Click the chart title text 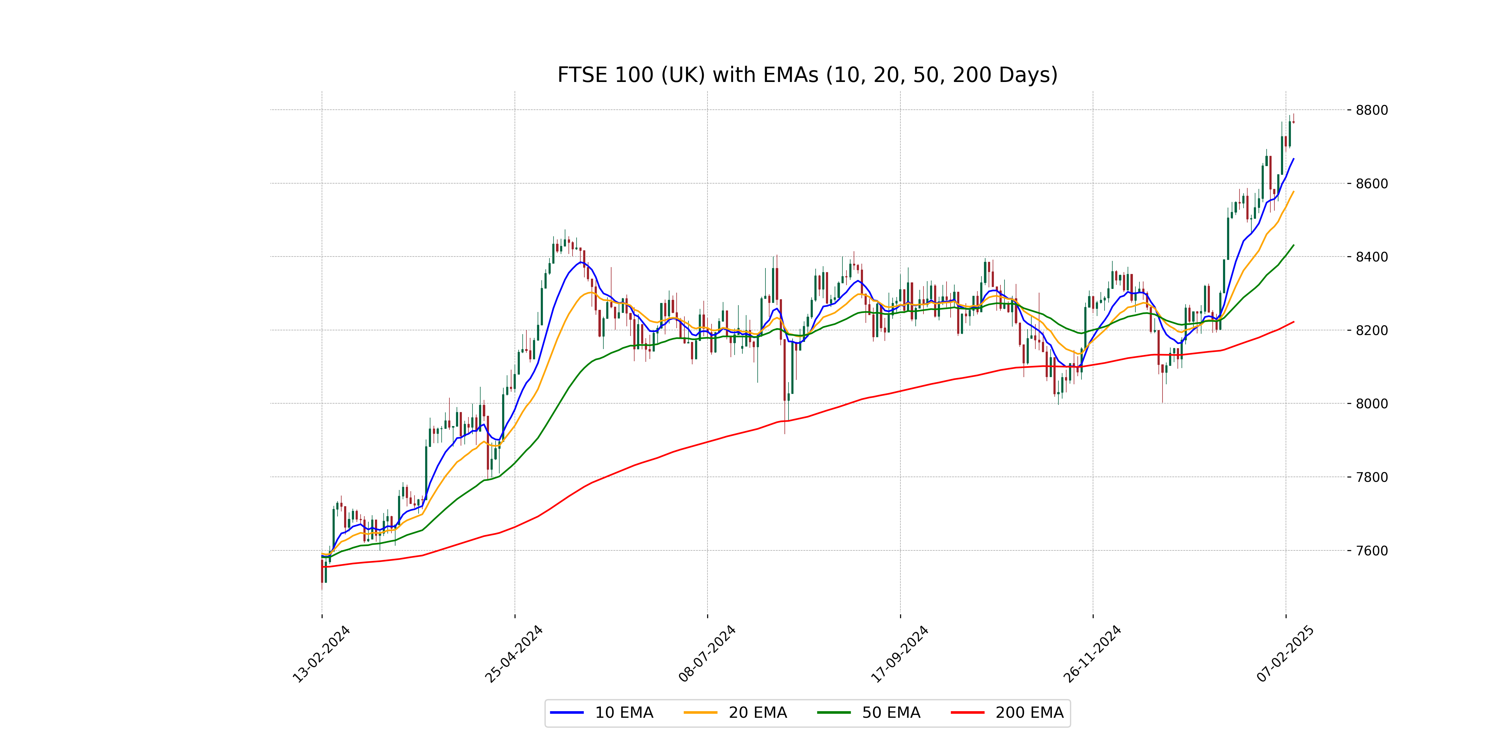tap(807, 75)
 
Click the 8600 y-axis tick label tap(1372, 184)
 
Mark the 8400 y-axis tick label tap(1372, 257)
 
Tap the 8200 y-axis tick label tap(1372, 330)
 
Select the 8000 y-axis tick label tap(1372, 404)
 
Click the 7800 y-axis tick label tap(1372, 477)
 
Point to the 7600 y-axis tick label tap(1372, 550)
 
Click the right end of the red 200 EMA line tap(1293, 322)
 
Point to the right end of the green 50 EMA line tap(1293, 245)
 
